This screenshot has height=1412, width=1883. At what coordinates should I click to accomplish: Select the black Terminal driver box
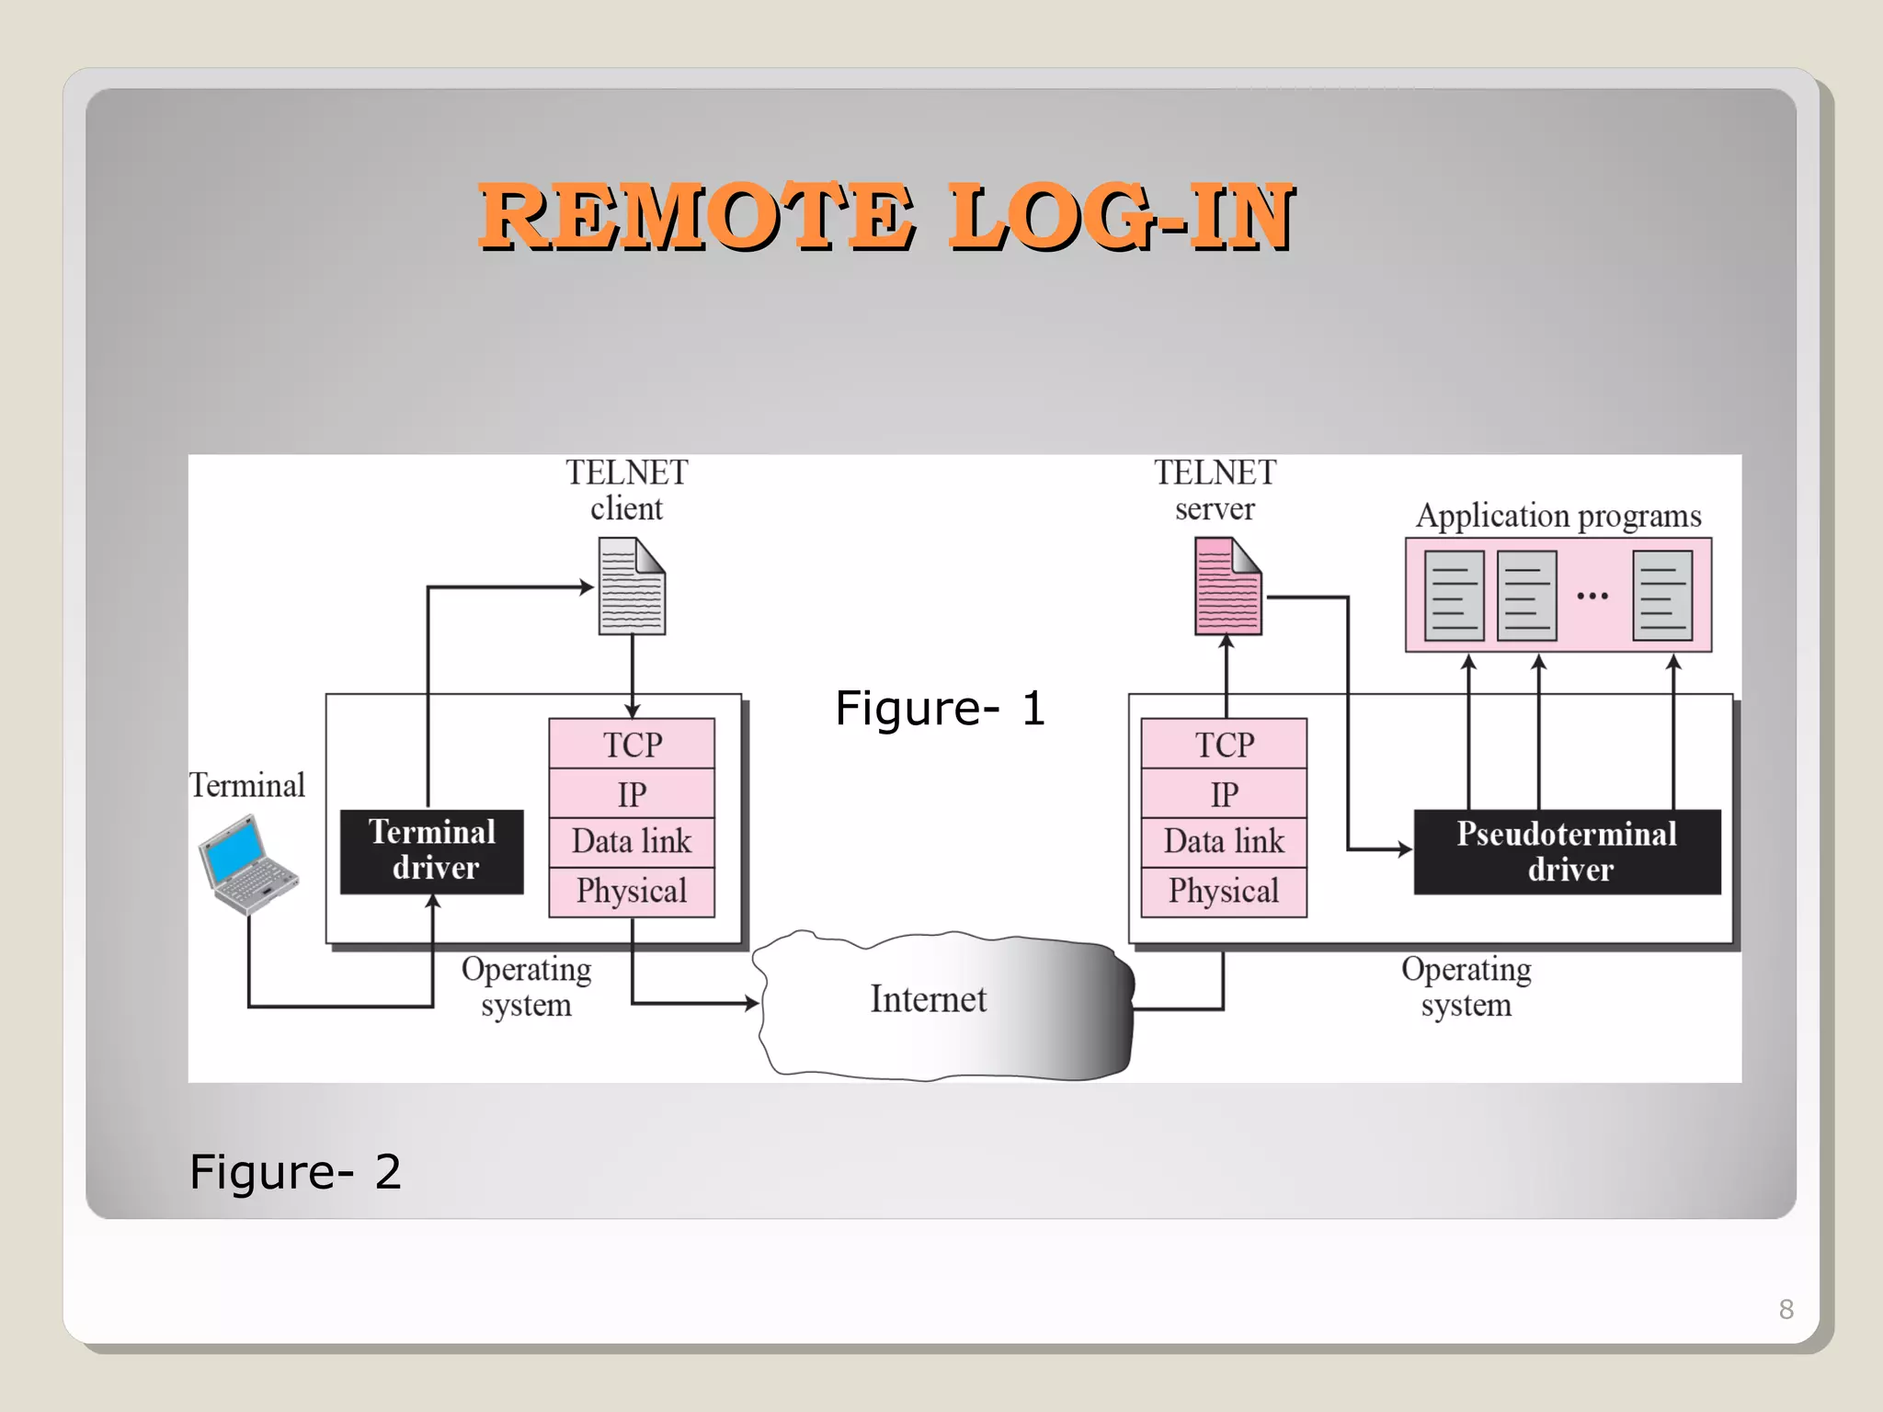[432, 851]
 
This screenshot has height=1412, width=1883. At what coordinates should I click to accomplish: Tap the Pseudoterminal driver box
[1567, 851]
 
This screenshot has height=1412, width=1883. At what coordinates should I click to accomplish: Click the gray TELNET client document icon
[632, 586]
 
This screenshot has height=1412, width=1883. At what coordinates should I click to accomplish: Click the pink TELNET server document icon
[1227, 586]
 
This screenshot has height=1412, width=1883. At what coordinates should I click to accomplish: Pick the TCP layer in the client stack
[632, 744]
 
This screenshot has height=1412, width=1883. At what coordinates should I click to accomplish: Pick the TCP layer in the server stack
[1224, 744]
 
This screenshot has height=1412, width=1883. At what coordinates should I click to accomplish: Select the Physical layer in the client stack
[632, 891]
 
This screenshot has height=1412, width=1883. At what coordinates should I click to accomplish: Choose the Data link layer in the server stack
[1224, 841]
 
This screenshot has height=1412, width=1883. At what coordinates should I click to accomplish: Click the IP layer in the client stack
[632, 793]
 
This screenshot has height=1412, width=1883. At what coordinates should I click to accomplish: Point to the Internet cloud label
[929, 999]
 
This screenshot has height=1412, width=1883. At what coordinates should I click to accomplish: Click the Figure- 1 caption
[940, 709]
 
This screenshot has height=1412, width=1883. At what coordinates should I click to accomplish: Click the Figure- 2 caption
[295, 1172]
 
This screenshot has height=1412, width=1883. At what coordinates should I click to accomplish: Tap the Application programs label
[1558, 516]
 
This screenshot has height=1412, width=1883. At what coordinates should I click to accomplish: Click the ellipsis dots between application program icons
[1592, 597]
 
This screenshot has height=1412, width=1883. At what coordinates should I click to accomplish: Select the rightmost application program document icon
[1662, 596]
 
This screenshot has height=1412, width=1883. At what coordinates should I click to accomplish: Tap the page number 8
[1786, 1309]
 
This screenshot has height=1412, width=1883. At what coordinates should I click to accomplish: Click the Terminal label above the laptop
[247, 786]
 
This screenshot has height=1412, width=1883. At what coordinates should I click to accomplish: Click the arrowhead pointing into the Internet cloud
[752, 1003]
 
